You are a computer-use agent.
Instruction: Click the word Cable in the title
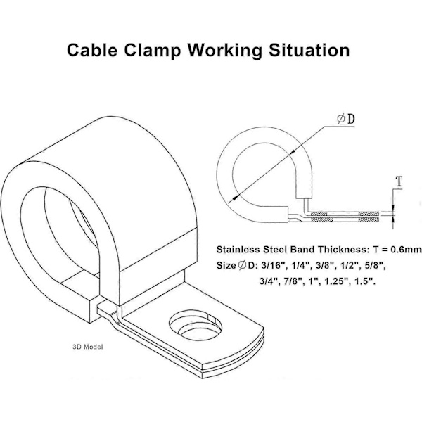pos(92,50)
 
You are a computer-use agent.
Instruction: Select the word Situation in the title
pos(309,50)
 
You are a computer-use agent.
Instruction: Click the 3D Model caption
pos(88,347)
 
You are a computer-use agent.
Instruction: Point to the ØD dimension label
pos(346,119)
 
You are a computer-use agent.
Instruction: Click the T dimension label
pos(399,181)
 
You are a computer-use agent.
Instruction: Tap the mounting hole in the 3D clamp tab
pos(196,325)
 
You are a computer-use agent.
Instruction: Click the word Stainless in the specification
pos(234,250)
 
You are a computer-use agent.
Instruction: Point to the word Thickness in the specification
pos(343,250)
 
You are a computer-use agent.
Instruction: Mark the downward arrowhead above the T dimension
pos(393,208)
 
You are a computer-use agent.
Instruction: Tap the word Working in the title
pos(225,51)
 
